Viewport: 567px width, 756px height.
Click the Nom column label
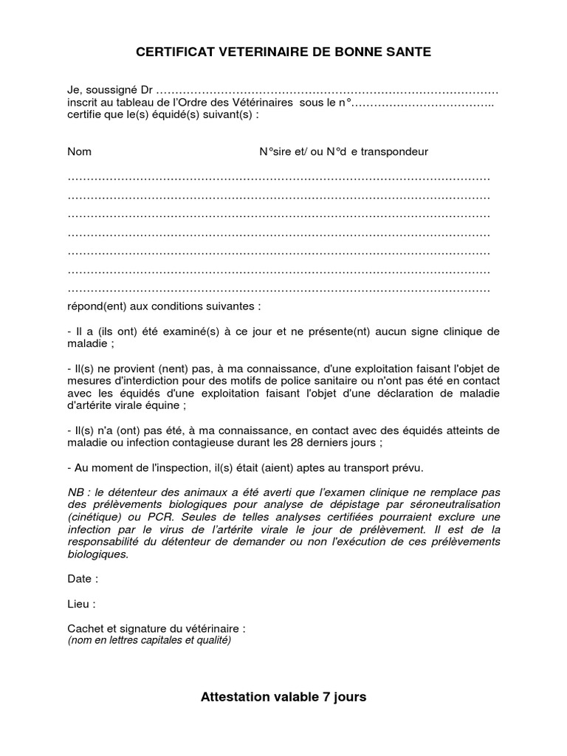coord(80,151)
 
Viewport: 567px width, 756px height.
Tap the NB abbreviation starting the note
coord(76,492)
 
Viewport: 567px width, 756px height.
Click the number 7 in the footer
coord(323,696)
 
